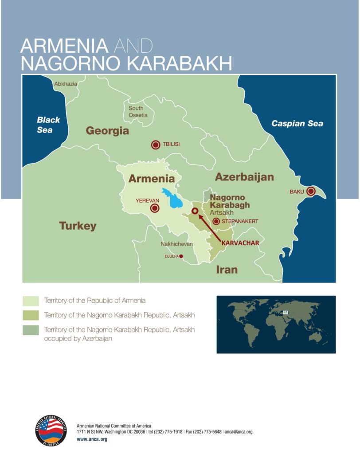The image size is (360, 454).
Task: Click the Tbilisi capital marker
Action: click(x=156, y=145)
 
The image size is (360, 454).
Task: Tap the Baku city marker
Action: click(x=310, y=192)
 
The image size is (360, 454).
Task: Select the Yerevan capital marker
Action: click(x=155, y=208)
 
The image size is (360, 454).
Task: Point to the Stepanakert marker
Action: click(x=216, y=221)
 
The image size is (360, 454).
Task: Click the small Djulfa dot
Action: click(x=181, y=256)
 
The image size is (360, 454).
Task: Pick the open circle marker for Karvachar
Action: click(x=194, y=211)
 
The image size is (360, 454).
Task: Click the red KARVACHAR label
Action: click(x=240, y=243)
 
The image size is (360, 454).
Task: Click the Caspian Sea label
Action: click(x=297, y=124)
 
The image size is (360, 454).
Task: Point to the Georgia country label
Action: click(x=107, y=131)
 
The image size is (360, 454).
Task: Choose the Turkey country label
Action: click(x=78, y=226)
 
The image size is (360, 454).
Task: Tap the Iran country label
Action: click(x=227, y=269)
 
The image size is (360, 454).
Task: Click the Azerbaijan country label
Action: click(x=244, y=177)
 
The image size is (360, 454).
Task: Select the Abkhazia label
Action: click(x=66, y=84)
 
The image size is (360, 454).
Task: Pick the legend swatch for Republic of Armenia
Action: click(x=31, y=301)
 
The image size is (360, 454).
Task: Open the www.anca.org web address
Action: click(x=92, y=439)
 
